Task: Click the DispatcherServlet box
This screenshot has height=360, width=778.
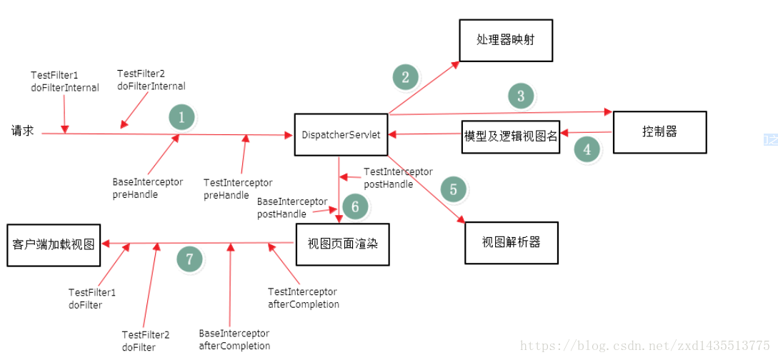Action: tap(341, 134)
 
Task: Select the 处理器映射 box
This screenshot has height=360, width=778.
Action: tap(505, 39)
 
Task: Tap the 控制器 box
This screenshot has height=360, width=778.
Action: tap(659, 132)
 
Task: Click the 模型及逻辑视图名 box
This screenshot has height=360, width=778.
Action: tap(510, 136)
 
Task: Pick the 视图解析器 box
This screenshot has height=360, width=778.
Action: tap(511, 243)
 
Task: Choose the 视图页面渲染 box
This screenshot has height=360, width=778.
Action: tap(342, 244)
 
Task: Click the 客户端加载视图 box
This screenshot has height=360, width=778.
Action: tap(54, 244)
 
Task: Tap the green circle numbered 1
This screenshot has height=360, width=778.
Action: tap(181, 118)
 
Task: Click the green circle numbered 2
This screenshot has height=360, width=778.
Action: tap(406, 77)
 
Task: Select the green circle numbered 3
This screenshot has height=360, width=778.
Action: tap(521, 96)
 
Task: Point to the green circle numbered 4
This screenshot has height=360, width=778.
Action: tap(587, 149)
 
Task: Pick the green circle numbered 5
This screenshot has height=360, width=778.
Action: tap(453, 189)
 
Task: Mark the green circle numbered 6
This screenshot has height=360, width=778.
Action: tap(355, 207)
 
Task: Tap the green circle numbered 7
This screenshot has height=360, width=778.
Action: tap(189, 259)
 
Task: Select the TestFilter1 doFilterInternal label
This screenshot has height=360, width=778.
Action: tap(64, 81)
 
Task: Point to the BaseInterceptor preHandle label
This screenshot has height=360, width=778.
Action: tap(147, 188)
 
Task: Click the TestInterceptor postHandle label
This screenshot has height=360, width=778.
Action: tap(398, 178)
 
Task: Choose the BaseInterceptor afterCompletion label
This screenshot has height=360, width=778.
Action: tap(234, 340)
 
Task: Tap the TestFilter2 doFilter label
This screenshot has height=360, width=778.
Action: tap(145, 341)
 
